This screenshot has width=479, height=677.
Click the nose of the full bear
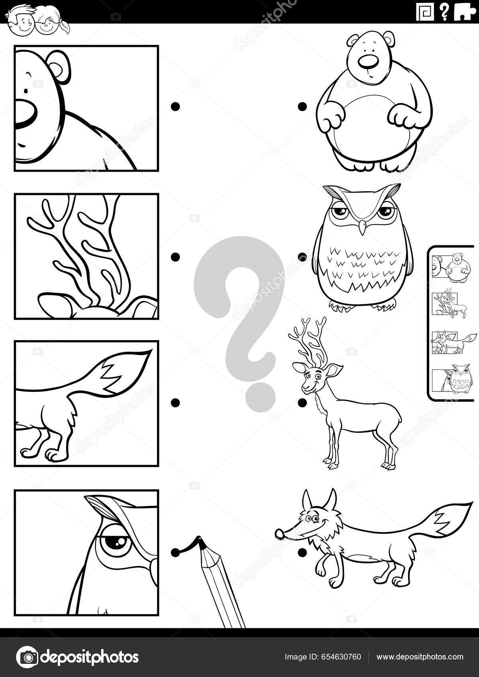[x=368, y=62]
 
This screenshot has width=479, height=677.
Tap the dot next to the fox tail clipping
[x=175, y=403]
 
